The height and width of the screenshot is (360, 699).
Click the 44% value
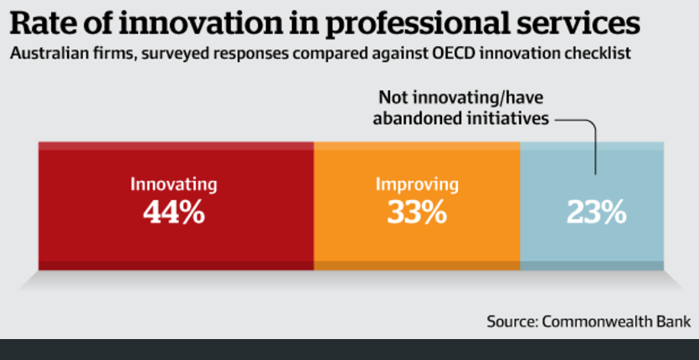(x=173, y=213)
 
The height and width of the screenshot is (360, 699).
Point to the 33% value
(x=416, y=213)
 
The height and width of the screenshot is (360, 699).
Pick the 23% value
(x=596, y=213)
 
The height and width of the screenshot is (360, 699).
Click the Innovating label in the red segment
(x=173, y=184)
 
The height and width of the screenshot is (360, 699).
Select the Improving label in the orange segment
(x=416, y=184)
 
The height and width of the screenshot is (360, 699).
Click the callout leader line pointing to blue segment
(x=594, y=147)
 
